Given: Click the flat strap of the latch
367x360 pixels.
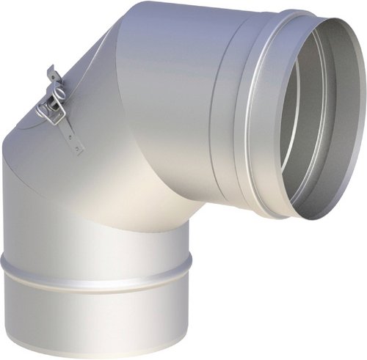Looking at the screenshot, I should (70, 132).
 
